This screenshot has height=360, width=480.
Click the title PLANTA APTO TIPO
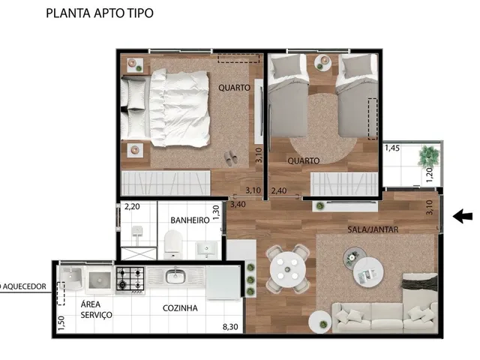pyautogui.click(x=100, y=13)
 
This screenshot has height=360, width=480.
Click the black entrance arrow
pyautogui.click(x=463, y=217)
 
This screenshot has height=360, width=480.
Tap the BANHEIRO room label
pyautogui.click(x=190, y=220)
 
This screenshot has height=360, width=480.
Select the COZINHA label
pyautogui.click(x=180, y=308)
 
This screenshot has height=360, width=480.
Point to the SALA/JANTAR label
pyautogui.click(x=373, y=229)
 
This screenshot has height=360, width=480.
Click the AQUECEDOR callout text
pyautogui.click(x=23, y=286)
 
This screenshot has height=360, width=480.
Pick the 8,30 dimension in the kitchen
pyautogui.click(x=230, y=327)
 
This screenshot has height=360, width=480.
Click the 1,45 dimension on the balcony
pyautogui.click(x=392, y=148)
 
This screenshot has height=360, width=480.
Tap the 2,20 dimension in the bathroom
pyautogui.click(x=132, y=207)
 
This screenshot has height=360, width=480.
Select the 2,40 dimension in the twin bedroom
pyautogui.click(x=279, y=190)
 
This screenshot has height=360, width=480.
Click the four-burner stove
pyautogui.click(x=130, y=279)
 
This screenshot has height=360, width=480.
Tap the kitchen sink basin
pyautogui.click(x=175, y=277)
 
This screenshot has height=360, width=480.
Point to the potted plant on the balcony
pyautogui.click(x=429, y=156)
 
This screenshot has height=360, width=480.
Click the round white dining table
pyautogui.click(x=287, y=269)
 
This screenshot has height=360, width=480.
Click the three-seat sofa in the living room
pyautogui.click(x=385, y=317)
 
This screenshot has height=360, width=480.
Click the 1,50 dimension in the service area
pyautogui.click(x=61, y=322)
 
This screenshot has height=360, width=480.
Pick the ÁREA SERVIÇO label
pyautogui.click(x=97, y=310)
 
